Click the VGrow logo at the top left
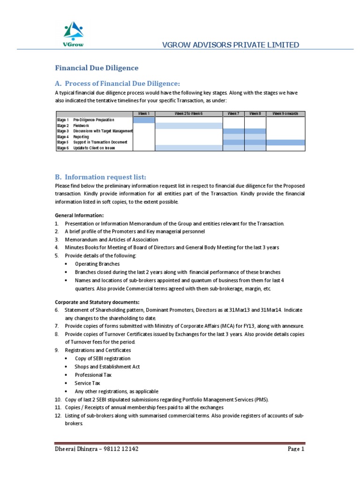(x=73, y=36)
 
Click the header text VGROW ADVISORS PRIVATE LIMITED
(x=230, y=45)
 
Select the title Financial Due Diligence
(x=97, y=67)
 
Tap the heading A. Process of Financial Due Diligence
(x=117, y=83)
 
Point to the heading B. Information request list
(x=101, y=177)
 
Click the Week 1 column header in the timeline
(x=143, y=114)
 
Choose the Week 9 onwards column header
(x=285, y=114)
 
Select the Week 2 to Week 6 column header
(x=188, y=114)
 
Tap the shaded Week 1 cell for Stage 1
(x=143, y=120)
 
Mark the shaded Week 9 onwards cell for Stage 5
(x=285, y=142)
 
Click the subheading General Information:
(x=78, y=215)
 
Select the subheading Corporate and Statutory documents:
(x=97, y=302)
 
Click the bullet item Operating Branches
(x=97, y=264)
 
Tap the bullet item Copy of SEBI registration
(x=103, y=359)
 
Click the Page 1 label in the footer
(x=296, y=449)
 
